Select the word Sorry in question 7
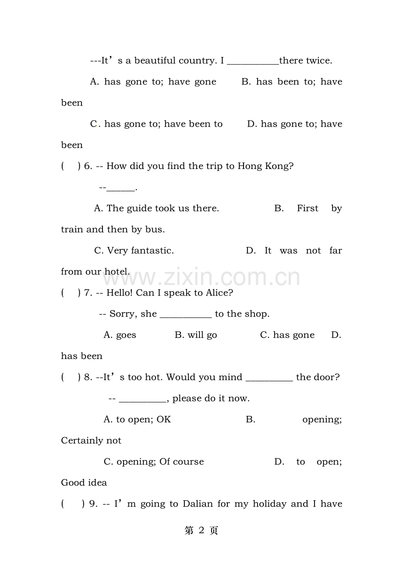121,314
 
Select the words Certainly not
91,441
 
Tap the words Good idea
84,483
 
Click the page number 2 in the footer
201,531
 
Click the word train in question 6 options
72,229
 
